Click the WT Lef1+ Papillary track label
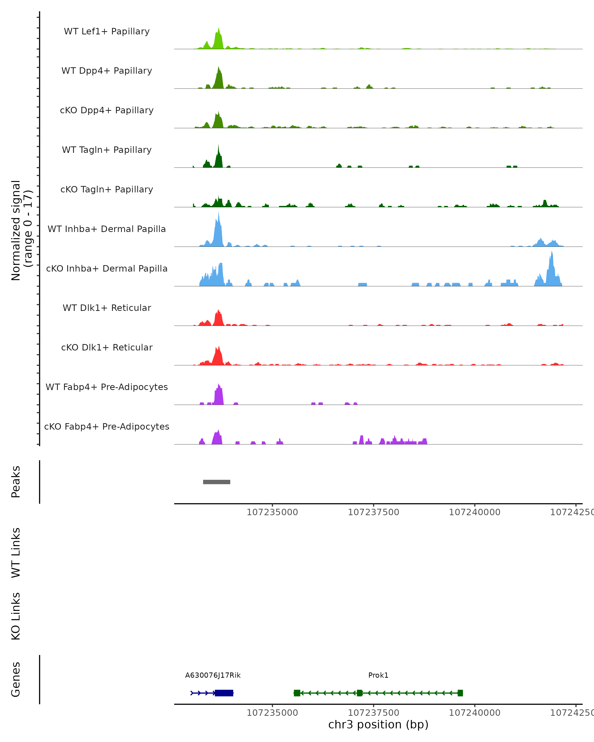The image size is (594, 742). pyautogui.click(x=107, y=31)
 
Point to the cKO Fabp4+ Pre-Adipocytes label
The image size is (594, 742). pyautogui.click(x=107, y=426)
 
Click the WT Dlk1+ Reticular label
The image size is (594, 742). pyautogui.click(x=107, y=308)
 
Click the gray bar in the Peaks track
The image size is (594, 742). pyautogui.click(x=217, y=482)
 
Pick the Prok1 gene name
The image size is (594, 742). pyautogui.click(x=378, y=675)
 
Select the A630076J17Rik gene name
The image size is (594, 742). pyautogui.click(x=213, y=675)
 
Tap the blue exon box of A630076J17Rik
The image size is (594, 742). pyautogui.click(x=224, y=693)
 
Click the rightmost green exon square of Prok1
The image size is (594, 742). pyautogui.click(x=460, y=693)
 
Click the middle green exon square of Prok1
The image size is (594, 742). pyautogui.click(x=360, y=693)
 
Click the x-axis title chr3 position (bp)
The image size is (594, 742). pyautogui.click(x=378, y=724)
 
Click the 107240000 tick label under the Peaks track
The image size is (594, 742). pyautogui.click(x=474, y=512)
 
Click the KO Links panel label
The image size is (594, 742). pyautogui.click(x=16, y=616)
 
